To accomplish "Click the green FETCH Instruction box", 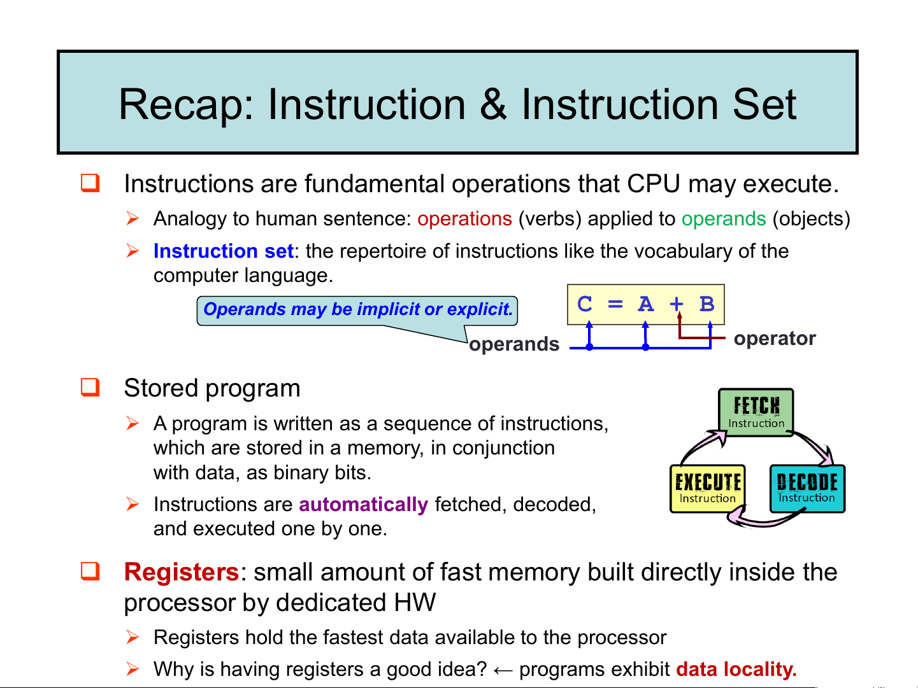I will [x=756, y=412].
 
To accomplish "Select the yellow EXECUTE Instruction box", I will [x=707, y=489].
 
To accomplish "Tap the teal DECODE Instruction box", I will [x=807, y=489].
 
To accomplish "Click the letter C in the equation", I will [x=585, y=304].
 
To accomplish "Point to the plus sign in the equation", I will [x=677, y=304].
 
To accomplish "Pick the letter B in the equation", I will [x=706, y=304].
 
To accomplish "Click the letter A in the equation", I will [x=646, y=304].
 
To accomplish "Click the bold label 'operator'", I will [x=775, y=339].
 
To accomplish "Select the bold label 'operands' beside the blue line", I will [x=514, y=344].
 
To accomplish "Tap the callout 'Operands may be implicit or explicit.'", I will [x=357, y=310].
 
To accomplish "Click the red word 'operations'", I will [x=464, y=219].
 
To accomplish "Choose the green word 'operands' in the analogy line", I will [x=724, y=219].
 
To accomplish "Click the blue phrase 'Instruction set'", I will [x=223, y=251].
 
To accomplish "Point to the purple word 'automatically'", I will [x=363, y=505].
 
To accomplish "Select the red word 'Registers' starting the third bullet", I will [x=181, y=572].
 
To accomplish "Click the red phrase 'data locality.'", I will [x=736, y=670].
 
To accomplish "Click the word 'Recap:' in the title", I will [x=186, y=104].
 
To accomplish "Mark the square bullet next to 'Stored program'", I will [x=90, y=387].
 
